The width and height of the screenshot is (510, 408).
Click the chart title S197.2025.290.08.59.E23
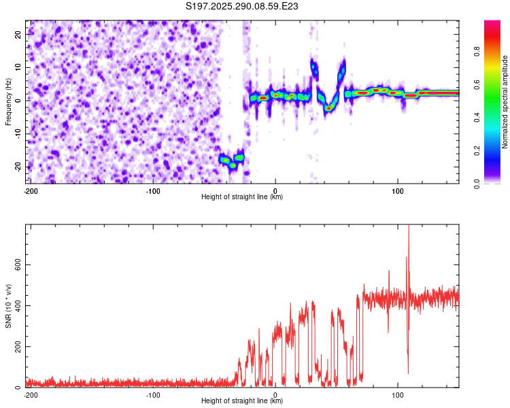pyautogui.click(x=242, y=6)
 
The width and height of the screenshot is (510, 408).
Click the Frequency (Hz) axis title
pyautogui.click(x=8, y=101)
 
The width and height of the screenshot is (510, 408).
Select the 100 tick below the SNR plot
pyautogui.click(x=398, y=394)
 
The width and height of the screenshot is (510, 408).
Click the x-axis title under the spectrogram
pyautogui.click(x=242, y=197)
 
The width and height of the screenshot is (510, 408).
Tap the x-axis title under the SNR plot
pyautogui.click(x=242, y=401)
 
